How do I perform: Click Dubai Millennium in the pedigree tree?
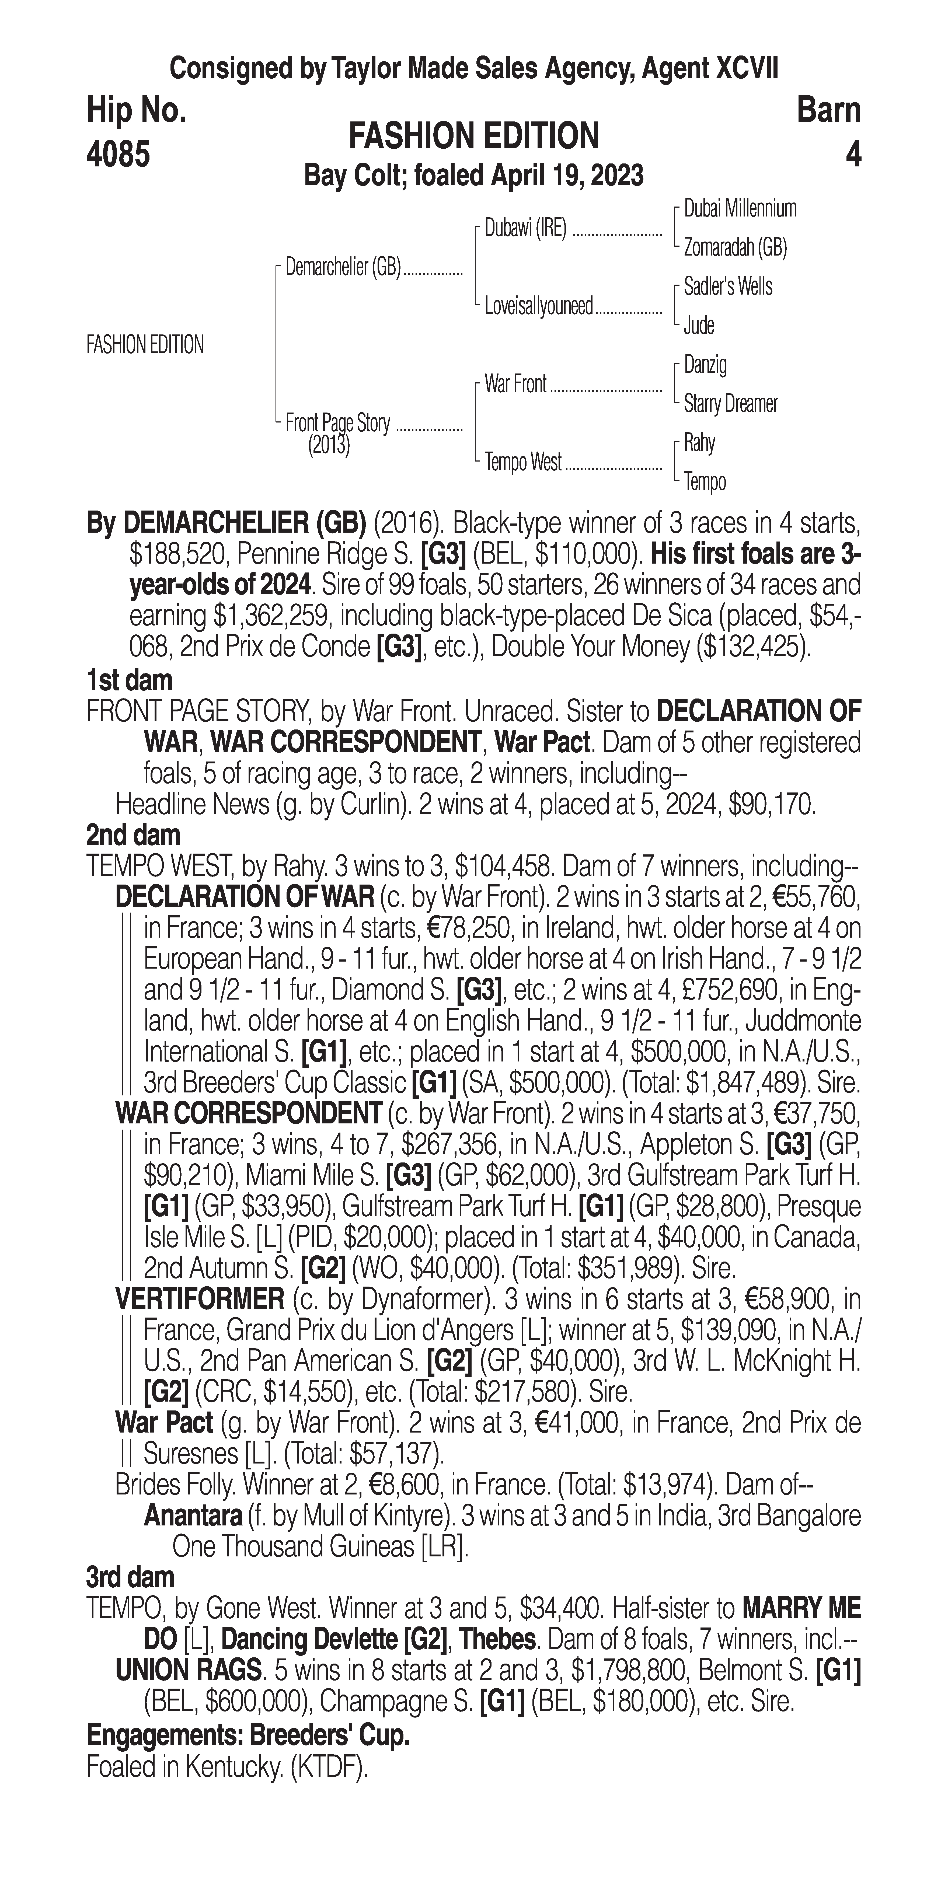coord(740,209)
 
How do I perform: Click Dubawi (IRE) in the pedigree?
coord(525,229)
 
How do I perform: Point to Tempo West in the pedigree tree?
coord(522,462)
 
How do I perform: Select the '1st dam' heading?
coord(129,680)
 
